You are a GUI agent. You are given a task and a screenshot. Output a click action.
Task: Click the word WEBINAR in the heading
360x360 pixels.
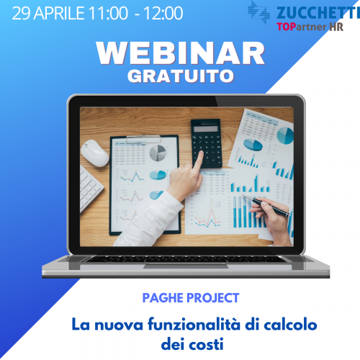[180, 53]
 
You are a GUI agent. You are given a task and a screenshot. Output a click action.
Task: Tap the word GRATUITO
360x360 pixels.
[181, 76]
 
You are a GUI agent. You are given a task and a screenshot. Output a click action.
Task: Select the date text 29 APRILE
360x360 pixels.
[48, 13]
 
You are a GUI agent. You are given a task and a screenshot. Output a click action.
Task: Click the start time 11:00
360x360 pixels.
[109, 13]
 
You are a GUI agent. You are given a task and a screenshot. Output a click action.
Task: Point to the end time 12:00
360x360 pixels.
[163, 13]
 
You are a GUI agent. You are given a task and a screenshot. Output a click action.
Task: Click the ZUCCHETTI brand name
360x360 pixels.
[318, 13]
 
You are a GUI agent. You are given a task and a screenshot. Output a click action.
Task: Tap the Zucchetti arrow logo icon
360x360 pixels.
[258, 12]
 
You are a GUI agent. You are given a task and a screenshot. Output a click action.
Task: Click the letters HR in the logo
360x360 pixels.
[336, 27]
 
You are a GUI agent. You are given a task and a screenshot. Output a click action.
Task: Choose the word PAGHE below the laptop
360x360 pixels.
[163, 298]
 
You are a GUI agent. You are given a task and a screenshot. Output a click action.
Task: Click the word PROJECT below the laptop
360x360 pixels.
[213, 298]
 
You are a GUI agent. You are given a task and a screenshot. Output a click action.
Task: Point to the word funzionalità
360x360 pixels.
[194, 325]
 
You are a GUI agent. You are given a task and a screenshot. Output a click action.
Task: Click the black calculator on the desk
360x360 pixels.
[206, 143]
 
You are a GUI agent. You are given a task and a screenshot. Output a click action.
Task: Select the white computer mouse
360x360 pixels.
[94, 153]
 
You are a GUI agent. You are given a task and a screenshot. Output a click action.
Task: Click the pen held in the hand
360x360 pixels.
[266, 204]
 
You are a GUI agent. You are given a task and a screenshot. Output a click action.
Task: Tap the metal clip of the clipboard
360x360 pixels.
[144, 139]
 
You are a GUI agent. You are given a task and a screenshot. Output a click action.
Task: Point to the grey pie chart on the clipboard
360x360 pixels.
[158, 153]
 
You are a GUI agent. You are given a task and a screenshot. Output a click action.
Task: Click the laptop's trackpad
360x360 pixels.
[186, 266]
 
